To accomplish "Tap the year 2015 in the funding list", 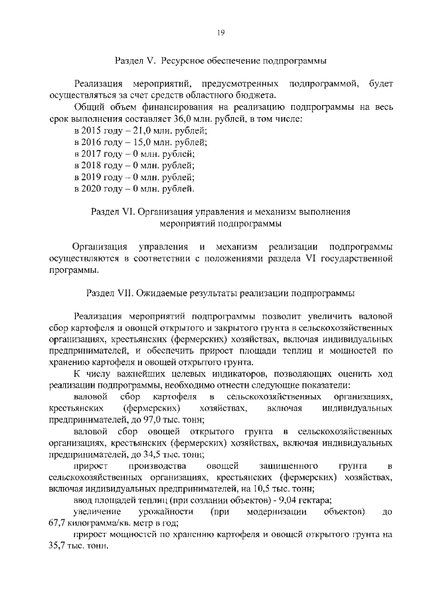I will click(x=96, y=131).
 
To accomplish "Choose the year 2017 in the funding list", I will click(x=96, y=154).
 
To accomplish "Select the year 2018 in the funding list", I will click(x=96, y=166).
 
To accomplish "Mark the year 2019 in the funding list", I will click(x=96, y=178).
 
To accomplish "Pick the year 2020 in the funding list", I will click(x=96, y=189).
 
